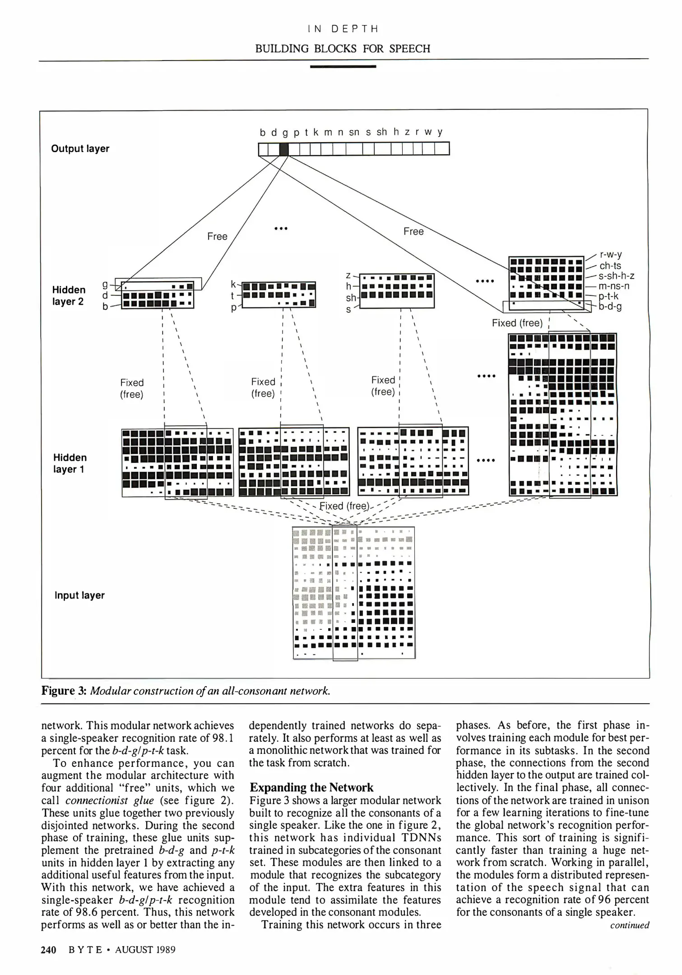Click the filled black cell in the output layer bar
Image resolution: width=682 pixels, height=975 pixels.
click(283, 149)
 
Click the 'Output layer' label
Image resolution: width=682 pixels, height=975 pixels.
click(80, 149)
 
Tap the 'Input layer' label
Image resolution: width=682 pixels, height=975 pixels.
click(79, 595)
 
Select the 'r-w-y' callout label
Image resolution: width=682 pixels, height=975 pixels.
click(611, 255)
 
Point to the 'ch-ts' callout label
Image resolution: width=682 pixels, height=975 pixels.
click(610, 266)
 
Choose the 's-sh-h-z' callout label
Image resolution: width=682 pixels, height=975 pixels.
click(617, 276)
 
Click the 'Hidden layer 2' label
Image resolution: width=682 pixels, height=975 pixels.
click(69, 295)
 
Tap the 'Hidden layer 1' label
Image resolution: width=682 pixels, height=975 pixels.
click(70, 463)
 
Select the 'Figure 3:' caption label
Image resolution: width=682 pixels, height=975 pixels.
click(64, 691)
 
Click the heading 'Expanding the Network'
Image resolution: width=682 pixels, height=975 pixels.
click(311, 788)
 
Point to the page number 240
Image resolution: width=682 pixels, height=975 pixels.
click(49, 950)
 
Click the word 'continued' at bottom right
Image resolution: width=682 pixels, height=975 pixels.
click(629, 925)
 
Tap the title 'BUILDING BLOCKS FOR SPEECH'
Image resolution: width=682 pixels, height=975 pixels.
click(343, 49)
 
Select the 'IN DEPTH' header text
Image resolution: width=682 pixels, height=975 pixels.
click(343, 29)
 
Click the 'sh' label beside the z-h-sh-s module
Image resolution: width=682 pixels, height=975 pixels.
click(351, 298)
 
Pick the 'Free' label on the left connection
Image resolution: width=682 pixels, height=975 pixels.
click(217, 237)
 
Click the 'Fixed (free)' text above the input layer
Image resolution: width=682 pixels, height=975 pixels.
click(344, 506)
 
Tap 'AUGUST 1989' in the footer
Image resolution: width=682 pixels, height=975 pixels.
click(145, 950)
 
